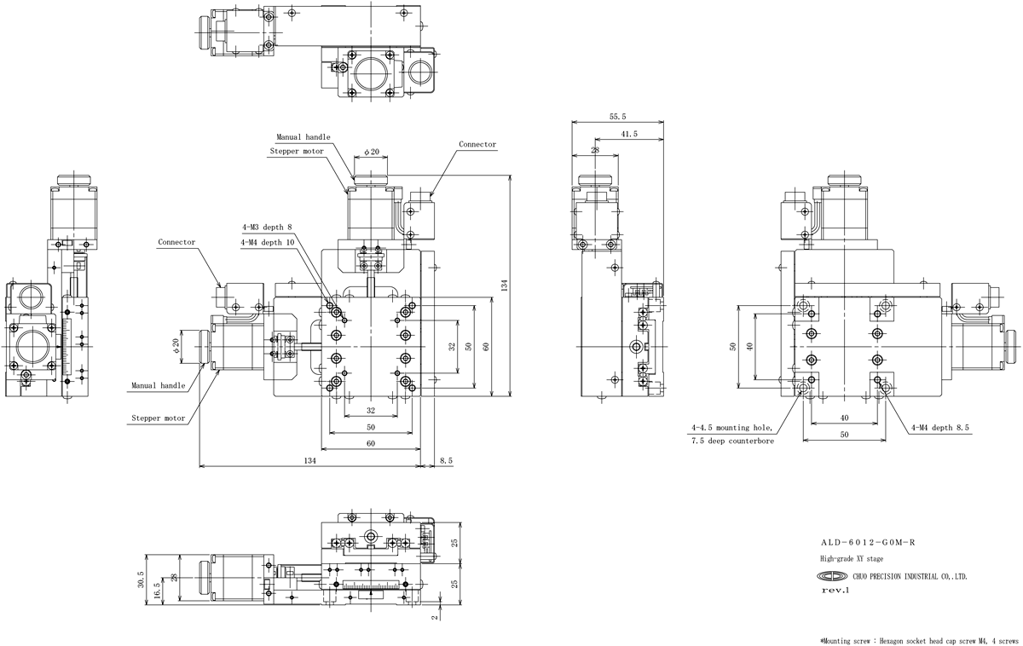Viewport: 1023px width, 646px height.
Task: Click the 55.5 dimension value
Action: point(617,117)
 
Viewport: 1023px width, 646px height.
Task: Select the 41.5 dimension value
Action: point(629,134)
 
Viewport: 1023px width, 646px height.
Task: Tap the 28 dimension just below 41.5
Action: point(595,149)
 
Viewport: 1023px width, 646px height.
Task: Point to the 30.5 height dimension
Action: point(141,580)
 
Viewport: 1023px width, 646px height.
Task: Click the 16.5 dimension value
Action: point(158,591)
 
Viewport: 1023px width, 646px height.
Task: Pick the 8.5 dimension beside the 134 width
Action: point(446,461)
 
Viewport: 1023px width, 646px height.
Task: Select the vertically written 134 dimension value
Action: point(504,286)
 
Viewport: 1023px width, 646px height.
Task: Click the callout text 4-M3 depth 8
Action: point(267,227)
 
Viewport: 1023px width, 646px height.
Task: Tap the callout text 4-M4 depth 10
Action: point(268,242)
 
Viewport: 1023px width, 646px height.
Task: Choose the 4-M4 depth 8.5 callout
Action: point(939,428)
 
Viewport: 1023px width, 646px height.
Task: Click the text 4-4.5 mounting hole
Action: point(731,428)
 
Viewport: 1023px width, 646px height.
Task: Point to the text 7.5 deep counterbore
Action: point(732,441)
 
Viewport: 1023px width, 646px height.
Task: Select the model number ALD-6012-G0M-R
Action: point(868,542)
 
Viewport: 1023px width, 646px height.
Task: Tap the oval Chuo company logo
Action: point(832,576)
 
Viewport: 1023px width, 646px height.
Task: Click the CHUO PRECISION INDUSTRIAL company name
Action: point(910,577)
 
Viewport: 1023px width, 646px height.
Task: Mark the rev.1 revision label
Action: point(835,591)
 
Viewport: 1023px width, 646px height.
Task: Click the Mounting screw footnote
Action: point(919,641)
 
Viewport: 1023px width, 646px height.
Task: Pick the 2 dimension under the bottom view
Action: point(435,617)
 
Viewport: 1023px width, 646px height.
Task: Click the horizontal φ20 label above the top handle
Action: point(372,152)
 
